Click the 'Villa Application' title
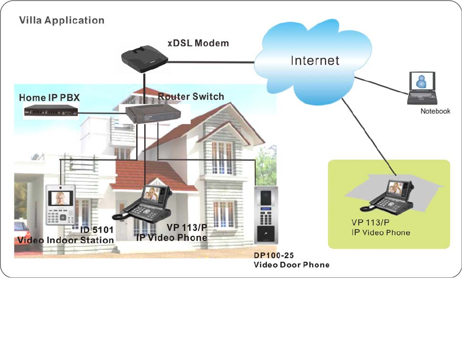(61, 21)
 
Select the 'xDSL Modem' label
(198, 43)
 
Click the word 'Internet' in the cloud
(315, 60)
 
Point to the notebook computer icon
(421, 88)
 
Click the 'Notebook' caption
(435, 111)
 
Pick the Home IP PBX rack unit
(51, 112)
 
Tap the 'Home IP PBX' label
(49, 98)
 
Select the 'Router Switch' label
(191, 97)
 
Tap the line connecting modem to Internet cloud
(210, 61)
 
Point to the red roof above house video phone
(144, 173)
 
